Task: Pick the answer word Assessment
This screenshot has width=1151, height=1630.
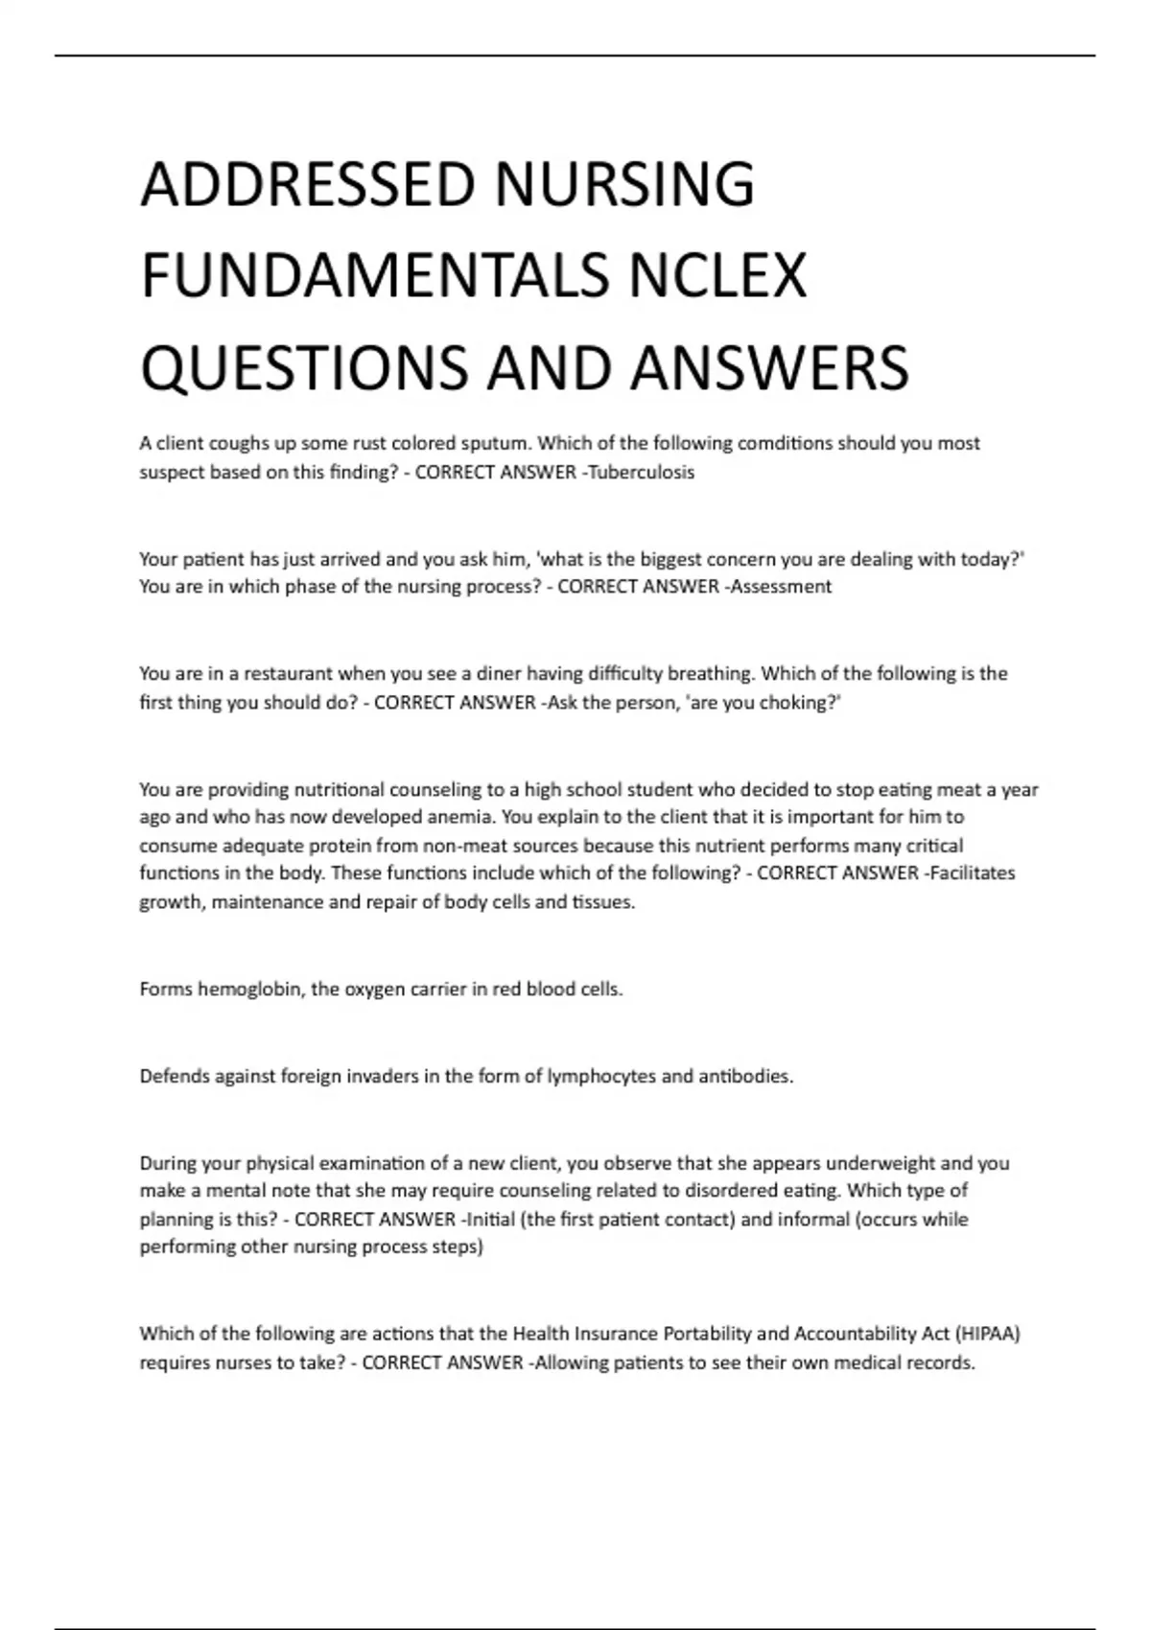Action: tap(781, 586)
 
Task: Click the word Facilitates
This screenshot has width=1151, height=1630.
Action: tap(972, 873)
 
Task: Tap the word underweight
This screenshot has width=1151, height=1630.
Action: tap(880, 1163)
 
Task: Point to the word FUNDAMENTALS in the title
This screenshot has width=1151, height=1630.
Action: tap(375, 275)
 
